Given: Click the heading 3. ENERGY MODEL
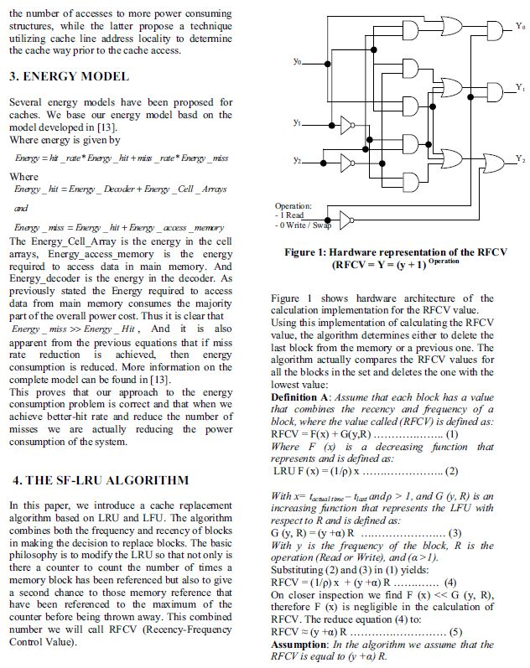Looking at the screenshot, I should click(69, 77).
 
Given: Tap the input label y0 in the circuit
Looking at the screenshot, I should click(298, 61).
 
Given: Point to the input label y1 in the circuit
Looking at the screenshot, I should click(298, 123).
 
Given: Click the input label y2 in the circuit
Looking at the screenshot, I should click(298, 159).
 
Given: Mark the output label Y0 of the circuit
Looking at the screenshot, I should click(520, 27).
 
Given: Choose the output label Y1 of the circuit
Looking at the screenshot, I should click(520, 87).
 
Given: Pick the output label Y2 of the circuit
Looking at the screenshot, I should click(520, 158).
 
